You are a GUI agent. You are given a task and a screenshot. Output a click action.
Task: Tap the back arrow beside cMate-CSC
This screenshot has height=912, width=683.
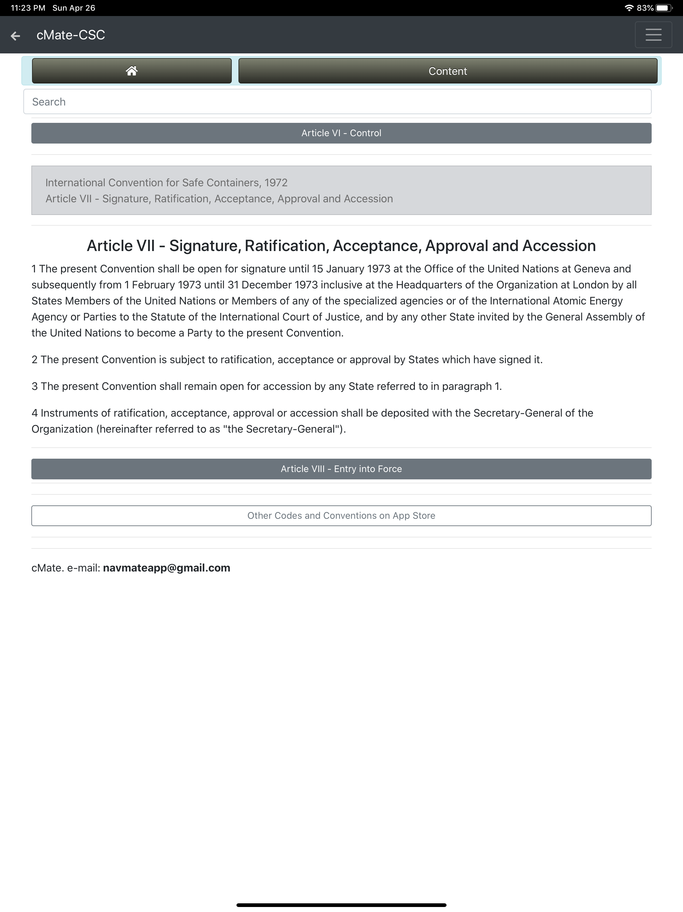pos(15,36)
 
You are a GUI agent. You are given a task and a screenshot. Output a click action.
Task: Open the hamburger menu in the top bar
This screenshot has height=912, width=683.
pos(653,35)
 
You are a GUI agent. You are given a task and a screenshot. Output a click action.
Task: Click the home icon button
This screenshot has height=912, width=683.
pos(131,71)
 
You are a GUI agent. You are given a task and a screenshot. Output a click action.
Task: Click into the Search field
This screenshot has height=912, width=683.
pos(337,102)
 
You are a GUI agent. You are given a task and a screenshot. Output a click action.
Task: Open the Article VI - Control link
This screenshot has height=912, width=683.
pos(341,133)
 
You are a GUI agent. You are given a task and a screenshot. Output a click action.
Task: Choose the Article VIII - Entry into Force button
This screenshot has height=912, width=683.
pos(341,469)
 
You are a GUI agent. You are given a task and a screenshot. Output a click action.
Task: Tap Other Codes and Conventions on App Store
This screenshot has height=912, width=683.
pos(341,515)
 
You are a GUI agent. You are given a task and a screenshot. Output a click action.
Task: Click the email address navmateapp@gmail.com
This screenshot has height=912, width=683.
pos(166,568)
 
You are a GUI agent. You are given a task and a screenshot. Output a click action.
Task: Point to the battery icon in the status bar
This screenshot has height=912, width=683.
pos(663,8)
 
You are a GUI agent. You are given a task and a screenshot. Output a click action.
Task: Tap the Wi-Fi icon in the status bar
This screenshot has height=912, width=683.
pos(629,8)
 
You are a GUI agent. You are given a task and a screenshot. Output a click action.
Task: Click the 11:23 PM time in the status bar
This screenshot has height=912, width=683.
pos(28,8)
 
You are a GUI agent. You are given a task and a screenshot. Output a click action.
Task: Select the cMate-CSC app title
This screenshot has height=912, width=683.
pos(70,35)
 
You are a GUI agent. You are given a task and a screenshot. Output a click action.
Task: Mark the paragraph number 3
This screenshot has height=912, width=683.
pos(35,386)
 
